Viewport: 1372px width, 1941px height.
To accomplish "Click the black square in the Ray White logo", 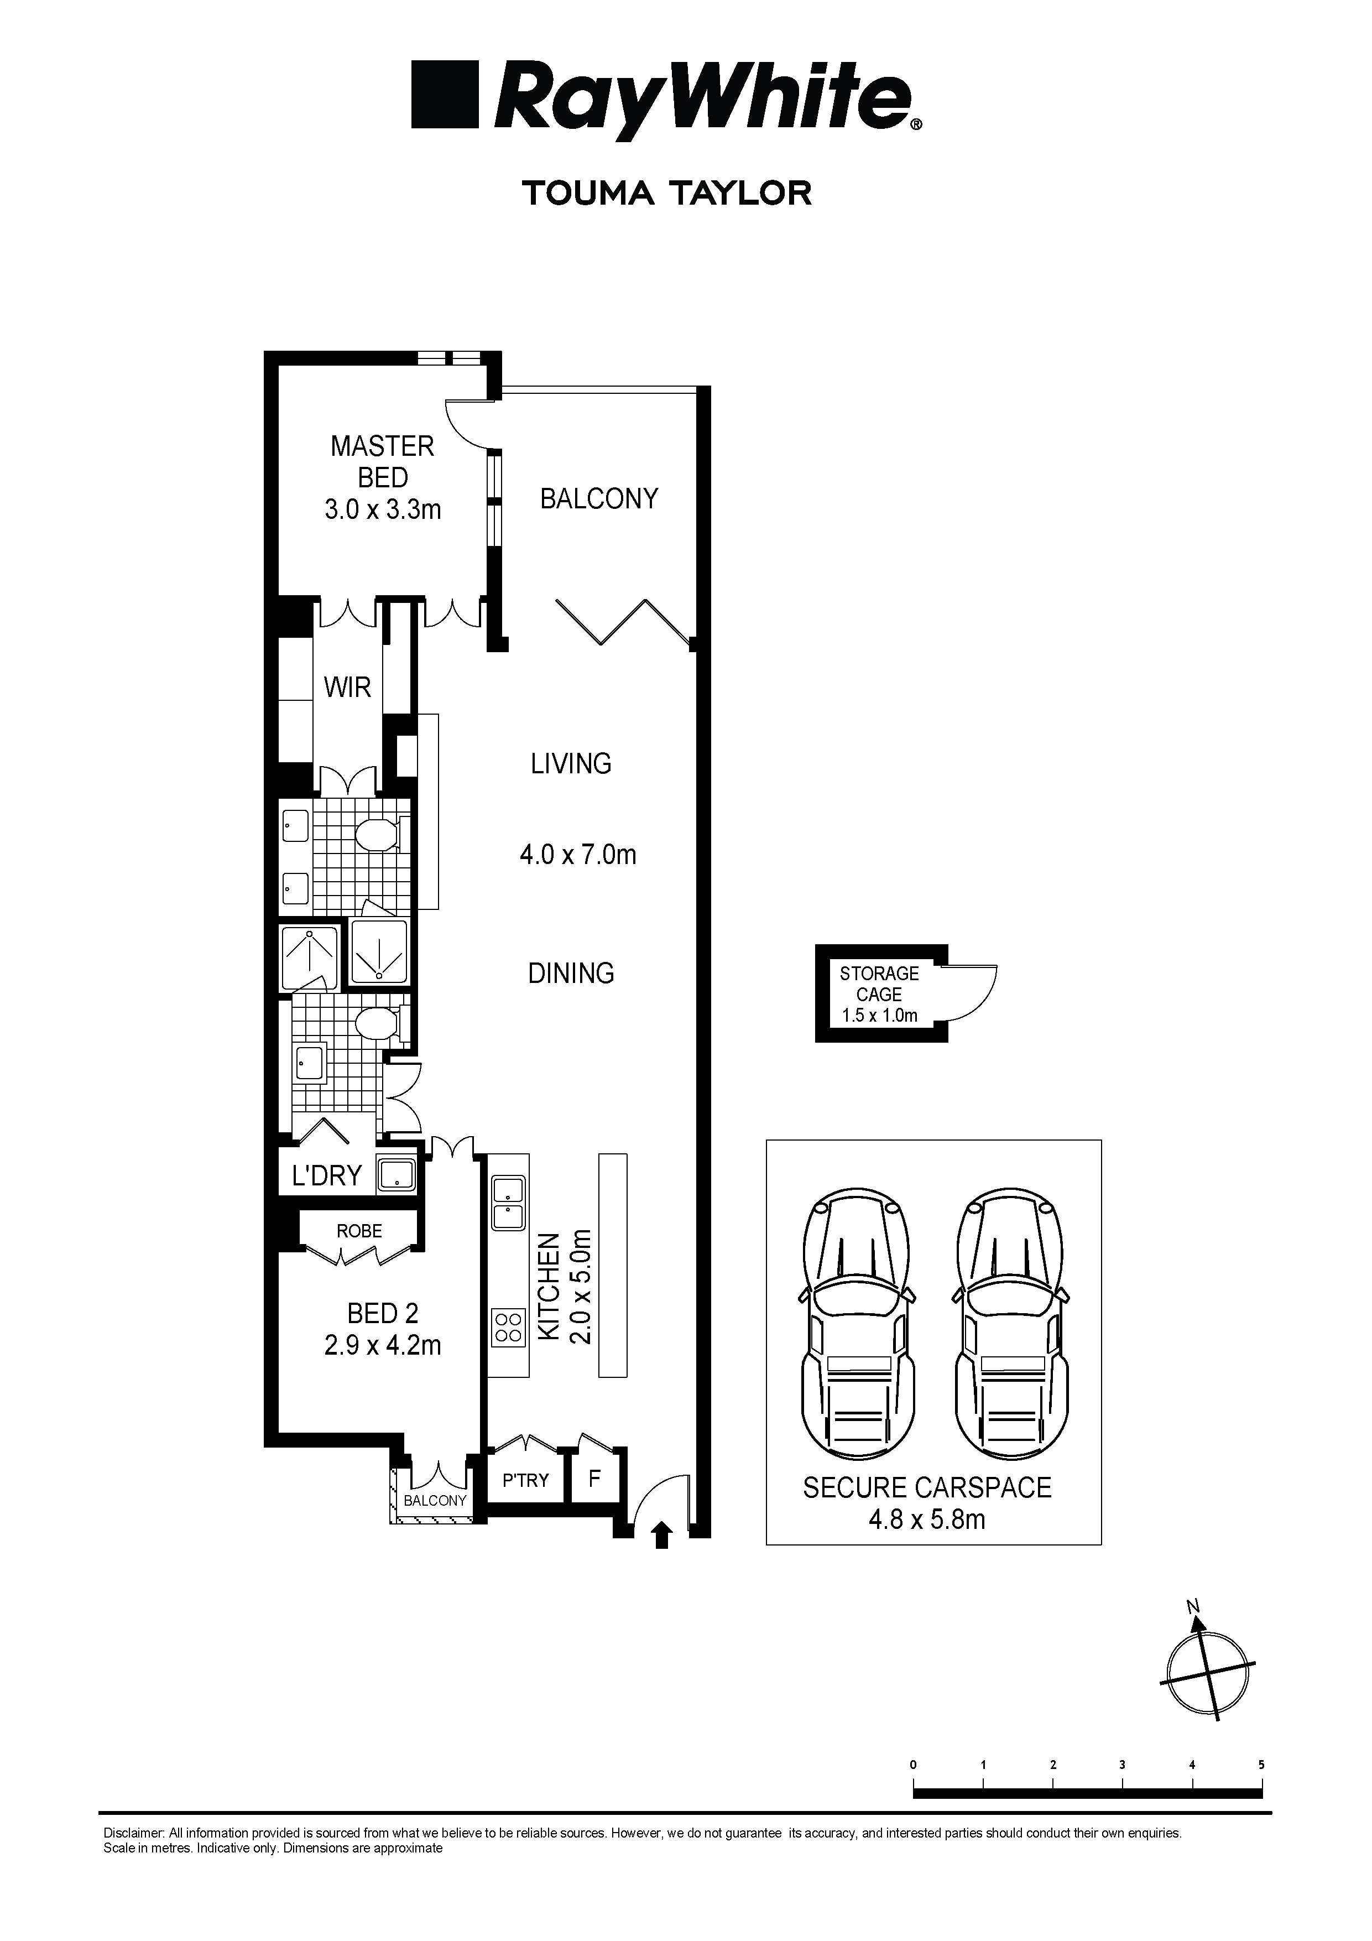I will tap(445, 94).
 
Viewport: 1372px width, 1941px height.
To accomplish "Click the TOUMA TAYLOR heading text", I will tap(667, 194).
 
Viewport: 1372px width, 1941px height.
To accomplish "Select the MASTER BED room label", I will tap(382, 461).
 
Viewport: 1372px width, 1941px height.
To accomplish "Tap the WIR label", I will tap(347, 688).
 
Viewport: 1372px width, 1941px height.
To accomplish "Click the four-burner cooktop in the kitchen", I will tap(508, 1327).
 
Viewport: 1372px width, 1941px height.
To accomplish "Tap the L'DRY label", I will tap(326, 1176).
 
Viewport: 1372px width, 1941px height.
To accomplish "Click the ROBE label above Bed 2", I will tap(359, 1231).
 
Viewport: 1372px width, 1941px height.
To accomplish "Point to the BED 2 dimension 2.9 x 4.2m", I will tap(382, 1345).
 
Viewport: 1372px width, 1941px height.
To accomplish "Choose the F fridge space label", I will tap(594, 1479).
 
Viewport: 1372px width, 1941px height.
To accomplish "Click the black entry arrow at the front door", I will tap(662, 1533).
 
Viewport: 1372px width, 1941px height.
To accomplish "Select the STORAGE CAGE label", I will tap(879, 984).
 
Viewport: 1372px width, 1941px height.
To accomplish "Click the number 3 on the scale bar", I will tap(1122, 1765).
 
